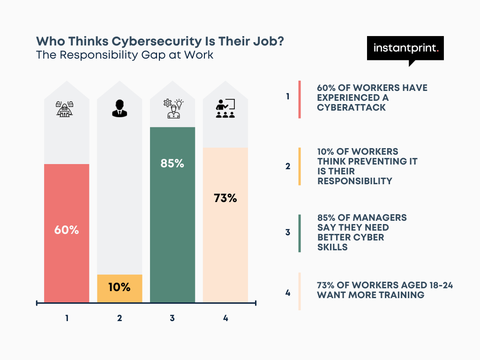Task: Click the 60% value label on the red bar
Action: pyautogui.click(x=67, y=230)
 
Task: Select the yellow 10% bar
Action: pyautogui.click(x=119, y=288)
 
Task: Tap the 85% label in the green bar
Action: pyautogui.click(x=172, y=164)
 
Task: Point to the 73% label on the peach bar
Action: pyautogui.click(x=225, y=198)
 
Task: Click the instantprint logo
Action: pyautogui.click(x=405, y=48)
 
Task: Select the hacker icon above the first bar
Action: pyautogui.click(x=67, y=109)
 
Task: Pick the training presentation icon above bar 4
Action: pyautogui.click(x=225, y=109)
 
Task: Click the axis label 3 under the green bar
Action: pyautogui.click(x=172, y=318)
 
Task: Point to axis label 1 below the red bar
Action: pyautogui.click(x=67, y=318)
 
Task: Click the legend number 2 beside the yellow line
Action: pyautogui.click(x=288, y=166)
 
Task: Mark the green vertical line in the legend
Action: pyautogui.click(x=300, y=233)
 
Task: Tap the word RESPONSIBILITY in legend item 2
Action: pyautogui.click(x=354, y=181)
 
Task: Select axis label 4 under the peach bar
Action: pyautogui.click(x=225, y=318)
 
